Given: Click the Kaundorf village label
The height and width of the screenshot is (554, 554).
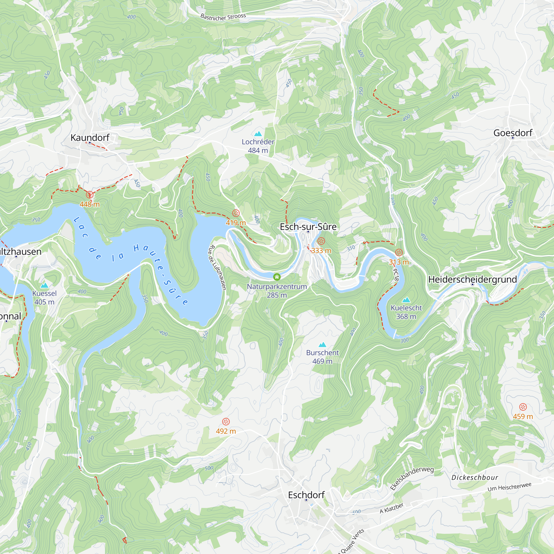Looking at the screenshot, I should (90, 138).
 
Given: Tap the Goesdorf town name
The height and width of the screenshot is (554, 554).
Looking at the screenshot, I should (513, 133).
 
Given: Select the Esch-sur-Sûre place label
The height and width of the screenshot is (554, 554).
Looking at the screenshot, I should (308, 227).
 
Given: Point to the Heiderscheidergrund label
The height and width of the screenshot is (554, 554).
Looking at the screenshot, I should (472, 279).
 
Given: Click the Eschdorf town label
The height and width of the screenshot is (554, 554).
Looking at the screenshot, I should (306, 495).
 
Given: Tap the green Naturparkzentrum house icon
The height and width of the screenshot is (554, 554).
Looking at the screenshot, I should (277, 277).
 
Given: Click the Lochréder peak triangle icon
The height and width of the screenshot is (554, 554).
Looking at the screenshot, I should (258, 134).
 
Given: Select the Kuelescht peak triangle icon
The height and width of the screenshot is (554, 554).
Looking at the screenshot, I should (406, 300).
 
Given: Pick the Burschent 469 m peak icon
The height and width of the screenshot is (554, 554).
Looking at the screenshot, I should (322, 345).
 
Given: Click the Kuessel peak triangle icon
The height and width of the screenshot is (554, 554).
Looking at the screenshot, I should (44, 285).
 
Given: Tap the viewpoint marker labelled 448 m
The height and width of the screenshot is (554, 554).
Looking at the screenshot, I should (89, 195).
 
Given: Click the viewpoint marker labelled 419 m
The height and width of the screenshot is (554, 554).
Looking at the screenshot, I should (236, 213).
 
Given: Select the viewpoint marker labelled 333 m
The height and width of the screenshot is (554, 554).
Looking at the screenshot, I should (321, 241).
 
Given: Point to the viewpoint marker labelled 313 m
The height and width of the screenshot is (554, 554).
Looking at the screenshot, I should (399, 253).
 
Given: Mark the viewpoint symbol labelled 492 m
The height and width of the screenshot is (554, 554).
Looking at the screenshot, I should (226, 422).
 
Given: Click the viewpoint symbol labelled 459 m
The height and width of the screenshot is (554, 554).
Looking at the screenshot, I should (523, 407).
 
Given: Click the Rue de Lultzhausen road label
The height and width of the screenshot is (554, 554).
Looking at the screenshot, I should (217, 267).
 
